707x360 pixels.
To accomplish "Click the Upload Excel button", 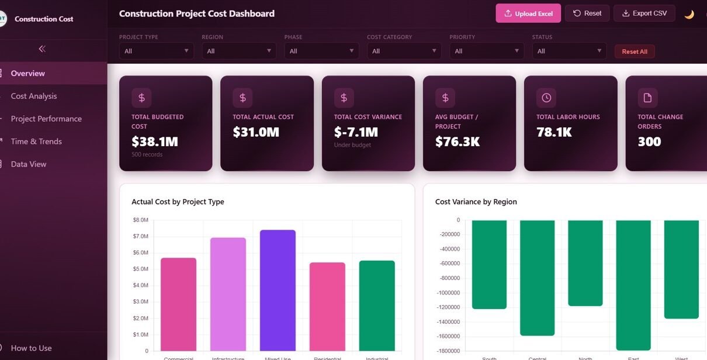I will tap(528, 13).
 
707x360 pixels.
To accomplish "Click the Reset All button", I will tap(634, 51).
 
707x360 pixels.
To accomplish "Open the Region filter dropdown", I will tap(238, 51).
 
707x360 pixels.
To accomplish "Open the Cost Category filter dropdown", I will tap(404, 51).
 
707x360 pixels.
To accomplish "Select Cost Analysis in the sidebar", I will tap(34, 96).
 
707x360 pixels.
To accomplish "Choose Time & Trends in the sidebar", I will tap(36, 141).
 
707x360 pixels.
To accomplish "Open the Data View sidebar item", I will tap(29, 164).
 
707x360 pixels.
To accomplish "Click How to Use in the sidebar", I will tap(31, 348).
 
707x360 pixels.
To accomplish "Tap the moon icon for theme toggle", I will tap(689, 14).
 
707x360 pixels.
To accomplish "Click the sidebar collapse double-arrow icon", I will tap(42, 49).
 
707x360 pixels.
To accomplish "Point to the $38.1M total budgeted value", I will tap(155, 141).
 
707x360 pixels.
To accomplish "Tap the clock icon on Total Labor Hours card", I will tap(546, 98).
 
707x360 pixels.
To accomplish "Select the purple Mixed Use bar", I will tap(278, 290).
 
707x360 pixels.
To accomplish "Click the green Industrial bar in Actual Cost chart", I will tap(377, 306).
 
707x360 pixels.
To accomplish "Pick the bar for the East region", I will tap(633, 285).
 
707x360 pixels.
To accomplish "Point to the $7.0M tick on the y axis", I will tap(140, 236).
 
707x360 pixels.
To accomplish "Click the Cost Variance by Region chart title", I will tap(476, 202).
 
